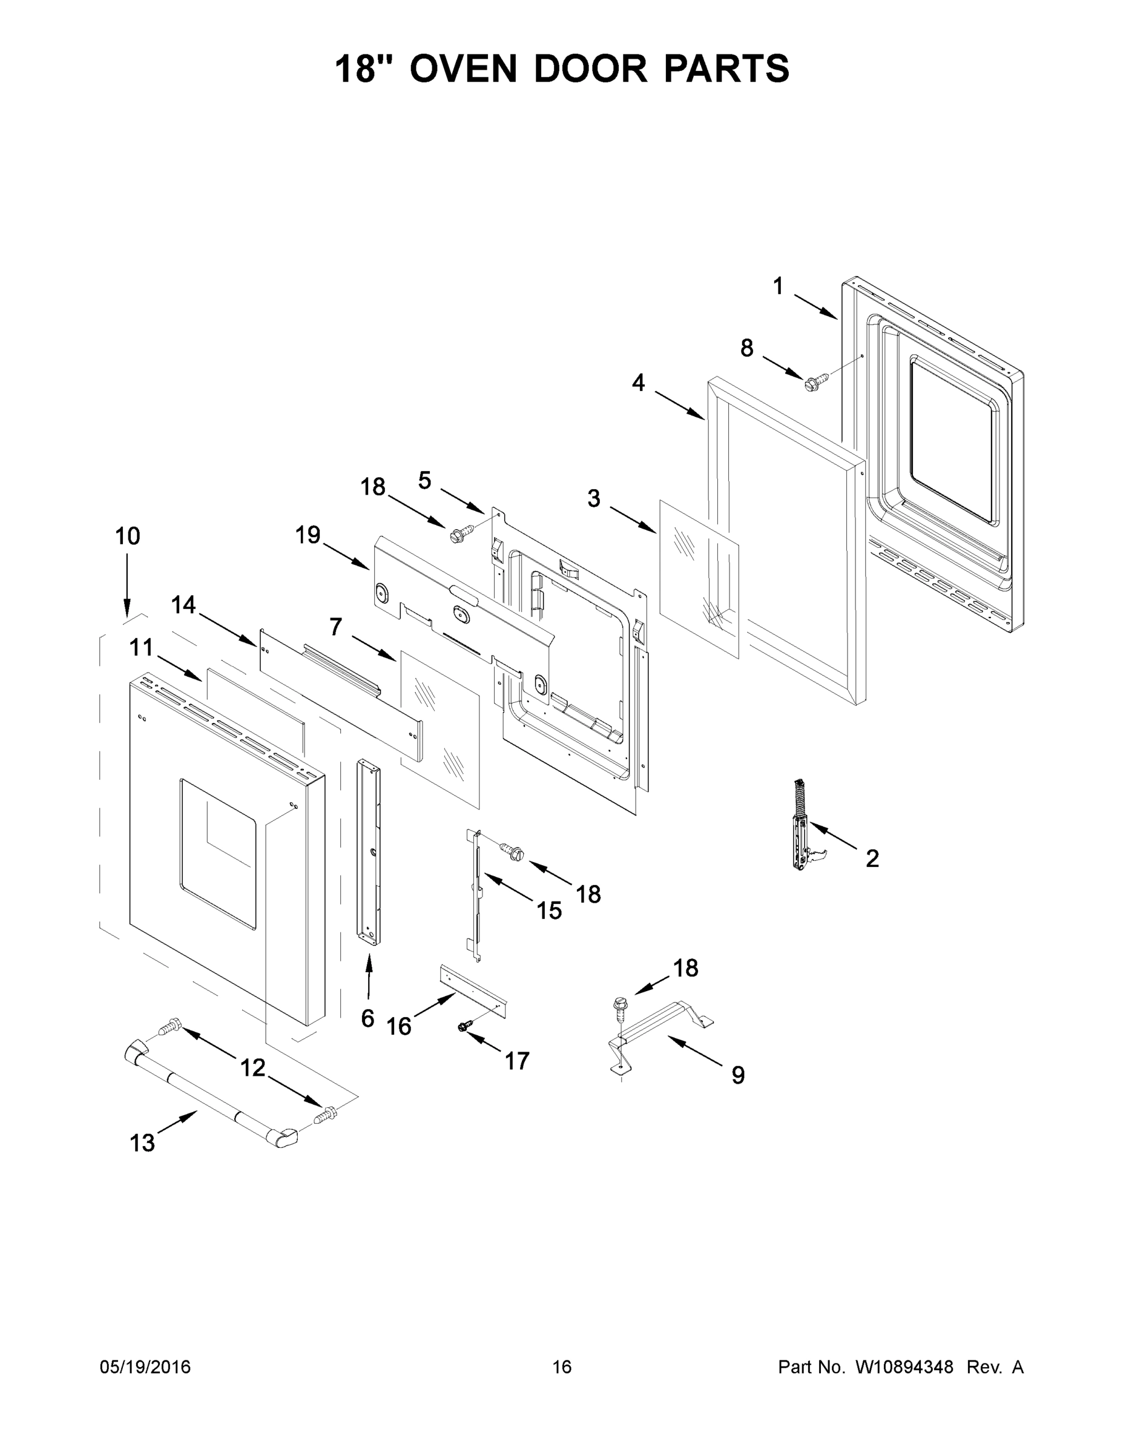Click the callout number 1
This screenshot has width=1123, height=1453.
[x=778, y=287]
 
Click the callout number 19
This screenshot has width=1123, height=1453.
[x=308, y=535]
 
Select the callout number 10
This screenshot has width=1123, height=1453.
[x=128, y=536]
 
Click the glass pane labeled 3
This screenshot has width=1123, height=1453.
[x=699, y=579]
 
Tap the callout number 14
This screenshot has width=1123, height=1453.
[x=183, y=605]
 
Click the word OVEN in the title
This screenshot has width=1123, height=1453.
[x=463, y=69]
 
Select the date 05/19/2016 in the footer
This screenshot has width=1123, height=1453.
[x=145, y=1367]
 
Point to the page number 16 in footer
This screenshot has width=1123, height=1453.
[x=562, y=1367]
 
